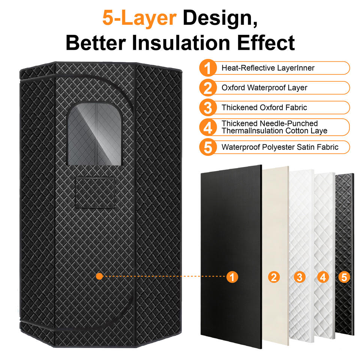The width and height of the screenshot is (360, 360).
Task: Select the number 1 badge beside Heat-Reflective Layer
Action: tap(208, 68)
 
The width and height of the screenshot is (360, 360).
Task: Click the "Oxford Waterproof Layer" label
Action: tap(264, 88)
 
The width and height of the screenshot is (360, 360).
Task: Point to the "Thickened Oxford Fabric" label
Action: tap(264, 108)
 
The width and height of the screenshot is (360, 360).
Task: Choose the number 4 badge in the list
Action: tap(208, 127)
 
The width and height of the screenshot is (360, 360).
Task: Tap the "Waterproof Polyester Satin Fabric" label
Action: tap(280, 147)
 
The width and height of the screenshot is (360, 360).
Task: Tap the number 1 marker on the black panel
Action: tap(232, 277)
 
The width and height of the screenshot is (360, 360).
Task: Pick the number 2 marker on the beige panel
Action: tap(274, 277)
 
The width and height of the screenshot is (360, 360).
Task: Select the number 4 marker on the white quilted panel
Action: tap(323, 277)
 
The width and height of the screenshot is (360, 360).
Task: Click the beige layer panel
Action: tap(276, 225)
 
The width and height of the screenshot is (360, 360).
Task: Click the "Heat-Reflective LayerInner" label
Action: tap(268, 68)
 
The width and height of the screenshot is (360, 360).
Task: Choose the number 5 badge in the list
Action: tap(208, 147)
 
